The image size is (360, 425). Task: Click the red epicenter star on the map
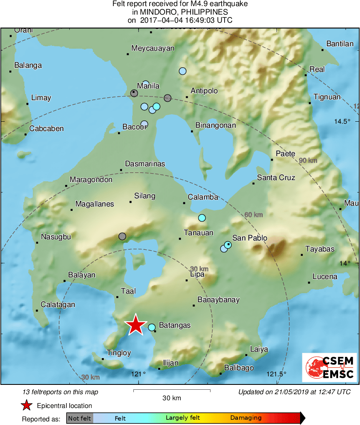136,325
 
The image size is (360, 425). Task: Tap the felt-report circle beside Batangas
152,327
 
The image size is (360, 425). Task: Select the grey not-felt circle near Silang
122,236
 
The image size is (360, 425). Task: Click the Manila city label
148,86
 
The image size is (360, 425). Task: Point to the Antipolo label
204,91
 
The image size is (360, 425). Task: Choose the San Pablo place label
250,238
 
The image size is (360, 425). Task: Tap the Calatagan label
58,305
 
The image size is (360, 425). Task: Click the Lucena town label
325,277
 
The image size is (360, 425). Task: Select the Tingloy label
119,353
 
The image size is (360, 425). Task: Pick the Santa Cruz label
276,178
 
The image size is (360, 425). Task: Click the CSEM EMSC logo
329,367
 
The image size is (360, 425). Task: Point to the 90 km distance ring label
308,161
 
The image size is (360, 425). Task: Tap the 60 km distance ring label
253,215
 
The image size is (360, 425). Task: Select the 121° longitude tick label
138,374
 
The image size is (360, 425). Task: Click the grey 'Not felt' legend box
79,418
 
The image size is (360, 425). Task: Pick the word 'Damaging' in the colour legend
246,418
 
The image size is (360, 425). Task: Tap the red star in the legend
27,405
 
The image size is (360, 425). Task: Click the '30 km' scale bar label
171,398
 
